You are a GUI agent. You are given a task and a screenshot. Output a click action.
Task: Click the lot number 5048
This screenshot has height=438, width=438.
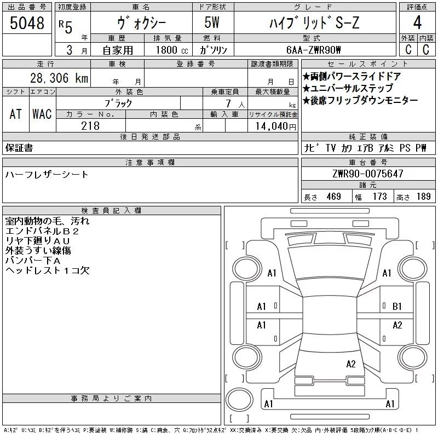pos(27,23)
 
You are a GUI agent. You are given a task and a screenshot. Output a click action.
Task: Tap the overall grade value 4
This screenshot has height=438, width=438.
pos(417,22)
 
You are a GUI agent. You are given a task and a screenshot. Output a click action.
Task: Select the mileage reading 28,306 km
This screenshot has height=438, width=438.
pos(59,78)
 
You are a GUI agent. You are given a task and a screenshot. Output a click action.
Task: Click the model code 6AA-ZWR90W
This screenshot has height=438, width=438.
pos(313,50)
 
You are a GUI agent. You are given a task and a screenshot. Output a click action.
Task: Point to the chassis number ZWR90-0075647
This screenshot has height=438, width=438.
pos(368,174)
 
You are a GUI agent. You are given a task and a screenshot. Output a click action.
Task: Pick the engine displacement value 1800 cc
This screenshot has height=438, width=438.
pos(172,50)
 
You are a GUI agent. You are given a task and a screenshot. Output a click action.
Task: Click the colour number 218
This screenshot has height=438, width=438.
pos(90,126)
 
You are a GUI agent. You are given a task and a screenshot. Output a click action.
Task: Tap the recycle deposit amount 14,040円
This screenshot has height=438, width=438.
pos(276,126)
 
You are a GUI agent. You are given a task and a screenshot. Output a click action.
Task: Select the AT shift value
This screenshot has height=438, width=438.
pos(16,114)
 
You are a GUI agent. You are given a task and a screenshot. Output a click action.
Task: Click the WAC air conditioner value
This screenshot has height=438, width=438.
pos(42,114)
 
